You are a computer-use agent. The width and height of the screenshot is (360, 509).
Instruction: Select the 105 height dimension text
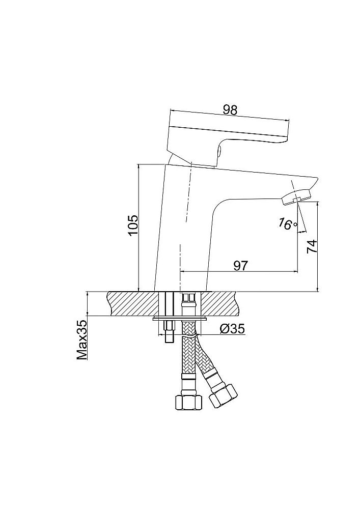pyautogui.click(x=132, y=224)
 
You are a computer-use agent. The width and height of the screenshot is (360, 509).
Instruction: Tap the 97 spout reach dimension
pyautogui.click(x=241, y=265)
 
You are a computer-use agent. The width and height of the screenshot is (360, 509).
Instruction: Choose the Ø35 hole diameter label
pyautogui.click(x=233, y=329)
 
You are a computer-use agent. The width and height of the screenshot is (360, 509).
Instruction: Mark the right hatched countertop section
pyautogui.click(x=222, y=304)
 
